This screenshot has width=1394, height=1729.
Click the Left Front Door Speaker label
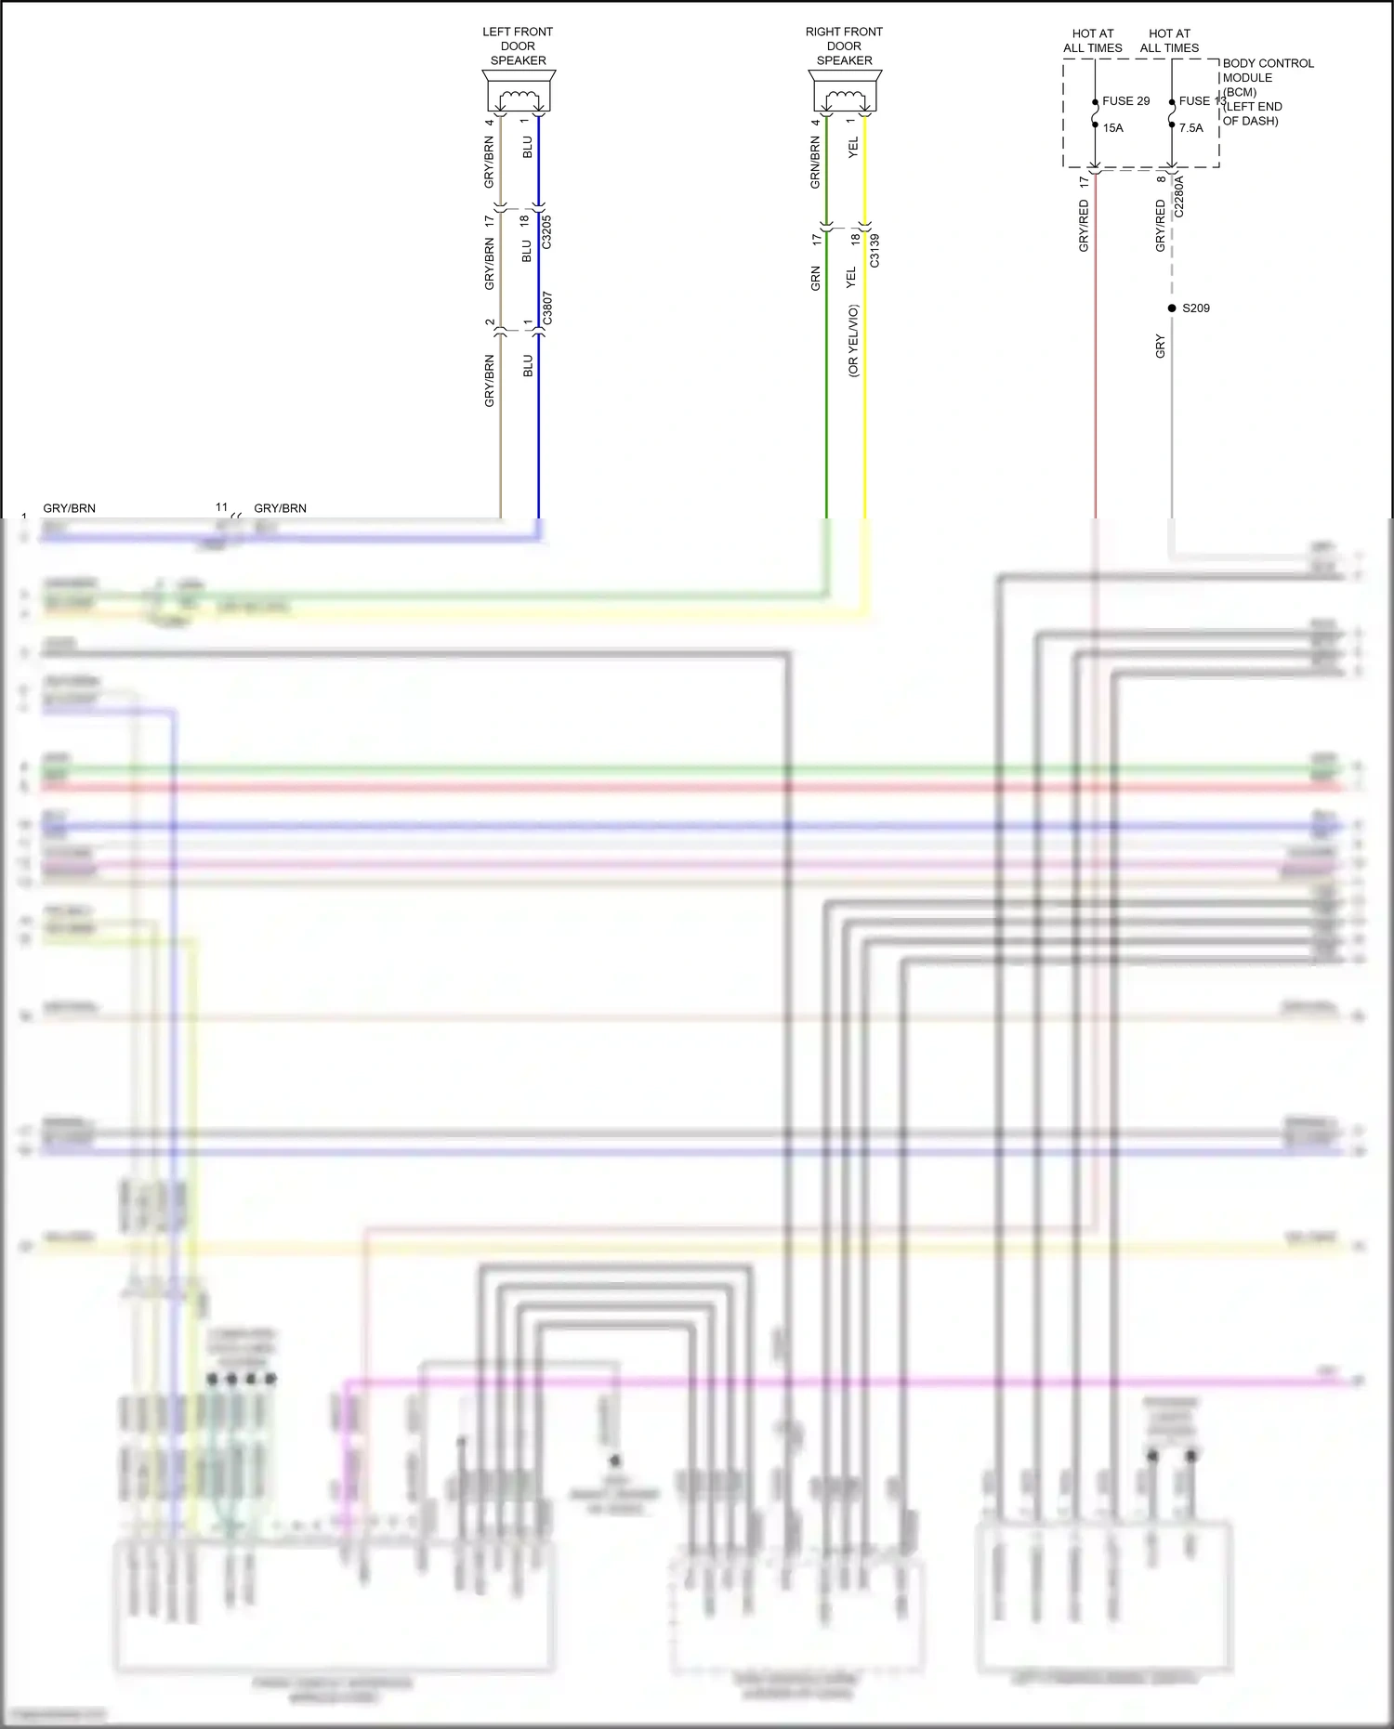[518, 46]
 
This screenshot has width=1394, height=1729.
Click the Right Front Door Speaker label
[844, 46]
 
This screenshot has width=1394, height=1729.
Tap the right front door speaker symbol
[845, 93]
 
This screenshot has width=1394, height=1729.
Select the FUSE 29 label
[1125, 101]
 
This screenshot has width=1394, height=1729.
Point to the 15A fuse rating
[1112, 128]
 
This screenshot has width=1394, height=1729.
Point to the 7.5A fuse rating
[1190, 128]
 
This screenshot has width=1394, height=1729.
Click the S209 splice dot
[1172, 308]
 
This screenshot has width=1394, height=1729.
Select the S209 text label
[1196, 308]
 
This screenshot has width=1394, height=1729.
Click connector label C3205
[546, 232]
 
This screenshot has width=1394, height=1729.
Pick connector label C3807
[547, 308]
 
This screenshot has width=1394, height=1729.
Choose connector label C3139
[874, 251]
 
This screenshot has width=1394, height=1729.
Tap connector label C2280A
[1179, 197]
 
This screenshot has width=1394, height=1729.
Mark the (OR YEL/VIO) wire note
[853, 340]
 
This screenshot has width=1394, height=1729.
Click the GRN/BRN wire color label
[815, 163]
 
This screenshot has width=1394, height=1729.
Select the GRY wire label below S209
[1160, 347]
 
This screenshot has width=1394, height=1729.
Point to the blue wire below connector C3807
[538, 427]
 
